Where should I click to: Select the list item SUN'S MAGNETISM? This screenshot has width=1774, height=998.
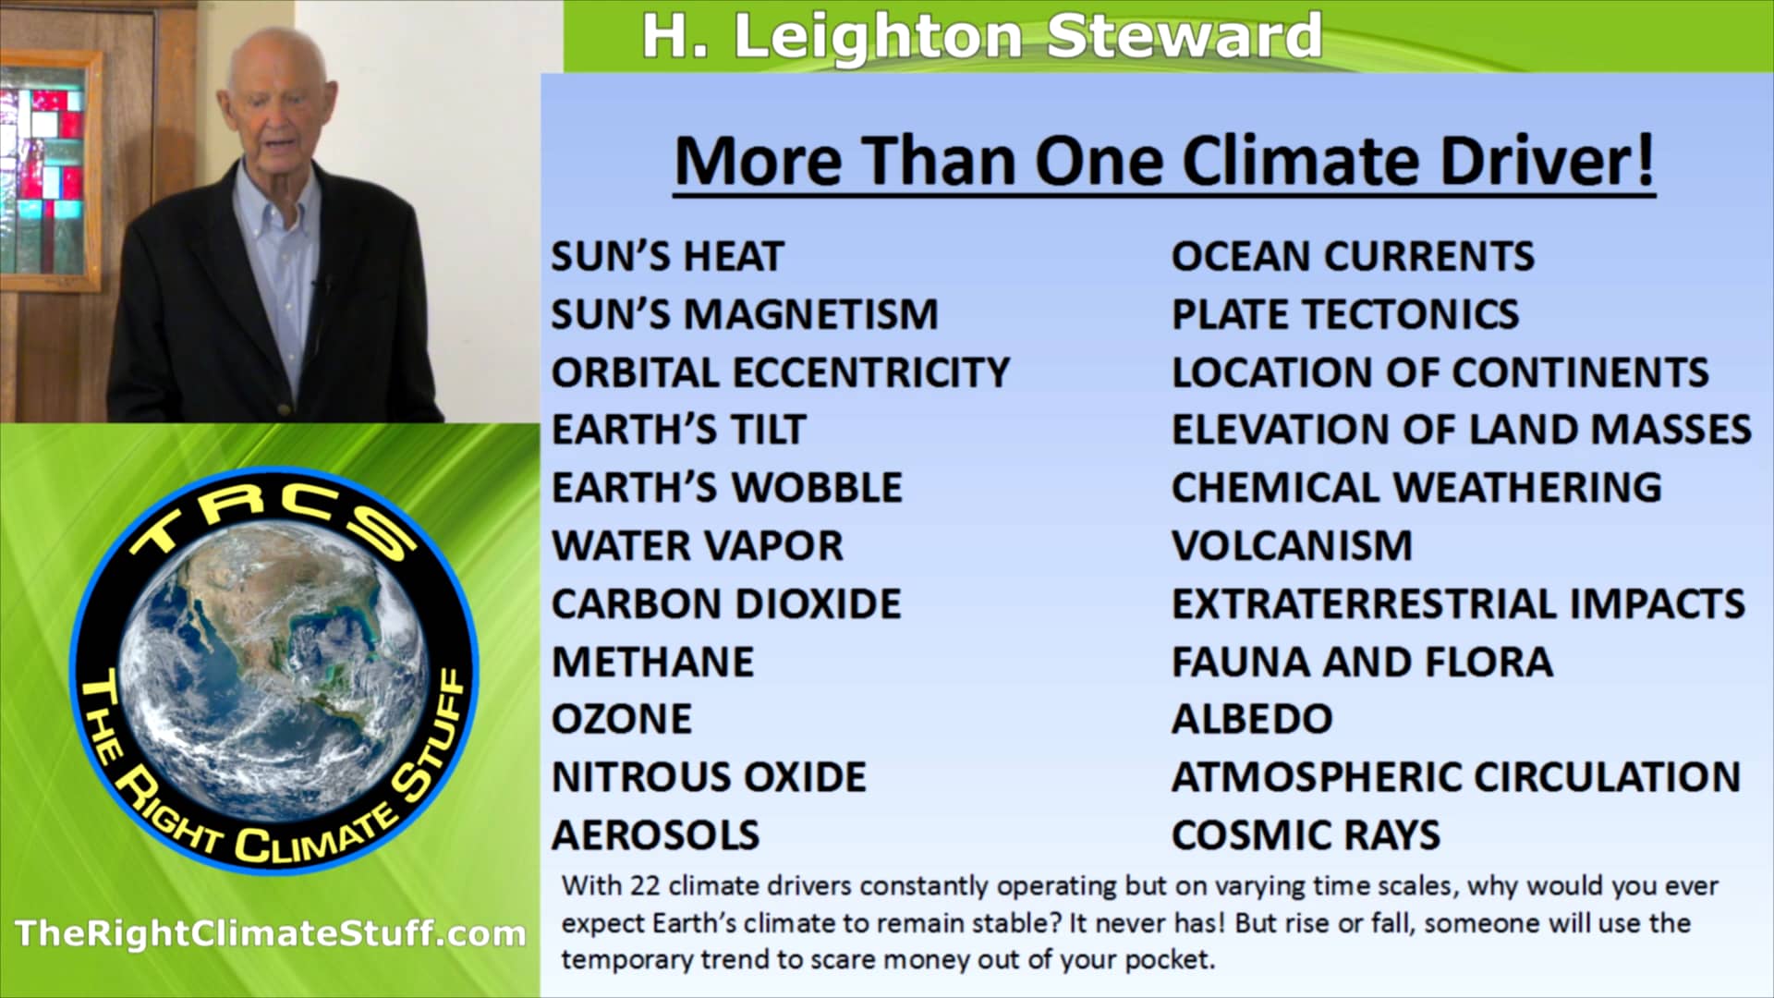pos(745,314)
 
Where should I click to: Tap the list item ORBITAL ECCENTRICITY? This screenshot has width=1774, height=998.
pos(781,372)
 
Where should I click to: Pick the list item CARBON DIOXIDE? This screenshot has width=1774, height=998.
pos(726,604)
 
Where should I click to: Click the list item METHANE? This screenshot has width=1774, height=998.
pos(653,663)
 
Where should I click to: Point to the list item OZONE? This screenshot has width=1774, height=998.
pos(622,720)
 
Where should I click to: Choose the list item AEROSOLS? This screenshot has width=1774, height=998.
pos(656,835)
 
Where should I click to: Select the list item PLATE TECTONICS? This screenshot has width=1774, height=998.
pos(1345,314)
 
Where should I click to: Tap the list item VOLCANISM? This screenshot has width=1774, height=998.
pos(1292,546)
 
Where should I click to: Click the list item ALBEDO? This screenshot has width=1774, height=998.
pos(1252,720)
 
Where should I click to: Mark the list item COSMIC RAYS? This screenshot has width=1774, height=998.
pos(1306,835)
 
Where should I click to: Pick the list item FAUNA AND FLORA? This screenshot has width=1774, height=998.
pos(1363,663)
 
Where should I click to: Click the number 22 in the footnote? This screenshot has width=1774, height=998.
pos(645,885)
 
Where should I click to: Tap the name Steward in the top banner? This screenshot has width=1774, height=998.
pos(1184,36)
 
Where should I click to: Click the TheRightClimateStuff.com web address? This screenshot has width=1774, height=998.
pos(270,933)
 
